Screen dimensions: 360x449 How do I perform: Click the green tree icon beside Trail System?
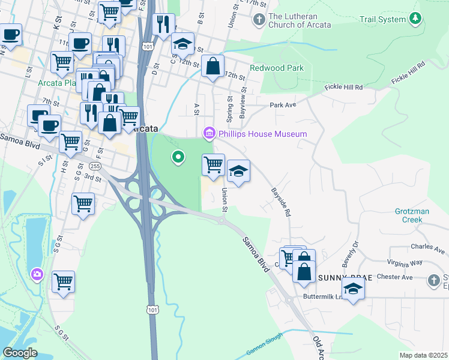click(415, 20)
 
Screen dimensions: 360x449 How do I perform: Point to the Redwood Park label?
click(277, 68)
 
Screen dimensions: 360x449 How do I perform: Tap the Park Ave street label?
click(283, 105)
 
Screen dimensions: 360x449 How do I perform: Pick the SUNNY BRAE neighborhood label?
click(340, 277)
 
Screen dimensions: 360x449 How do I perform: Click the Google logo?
click(20, 353)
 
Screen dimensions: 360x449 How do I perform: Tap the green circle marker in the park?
click(178, 158)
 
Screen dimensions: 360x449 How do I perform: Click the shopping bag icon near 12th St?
click(213, 67)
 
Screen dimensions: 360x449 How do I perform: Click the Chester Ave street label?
click(399, 277)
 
